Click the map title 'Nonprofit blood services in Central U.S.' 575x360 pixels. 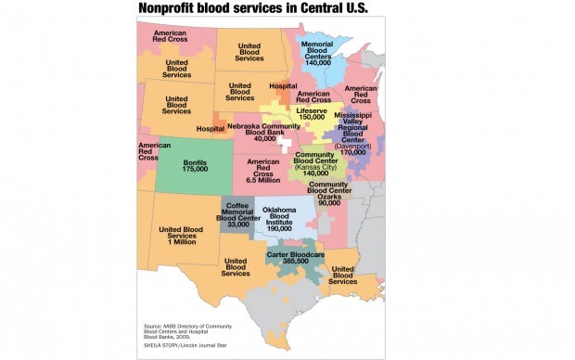coord(252,9)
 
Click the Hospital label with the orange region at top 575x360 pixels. coord(283,86)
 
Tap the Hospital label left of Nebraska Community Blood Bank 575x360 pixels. coord(211,128)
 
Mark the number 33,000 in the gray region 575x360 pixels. coord(238,224)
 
